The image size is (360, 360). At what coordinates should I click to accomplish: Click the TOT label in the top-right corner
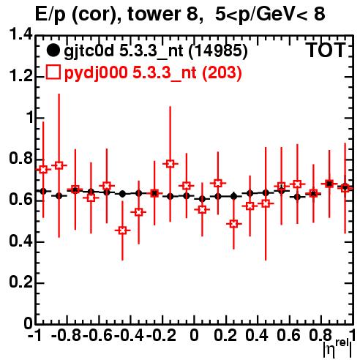coord(326,50)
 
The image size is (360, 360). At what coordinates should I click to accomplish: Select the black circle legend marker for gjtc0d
coord(53,50)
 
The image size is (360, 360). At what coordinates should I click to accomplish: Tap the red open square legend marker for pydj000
coord(53,72)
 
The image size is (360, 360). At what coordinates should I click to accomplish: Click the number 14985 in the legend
coord(218,50)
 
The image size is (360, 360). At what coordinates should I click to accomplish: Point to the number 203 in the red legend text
coord(222,72)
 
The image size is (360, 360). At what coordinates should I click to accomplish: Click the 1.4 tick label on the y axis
coord(20,34)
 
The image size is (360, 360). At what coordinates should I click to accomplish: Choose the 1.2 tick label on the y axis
coord(20,76)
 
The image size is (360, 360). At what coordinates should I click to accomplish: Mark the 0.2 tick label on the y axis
coord(20,282)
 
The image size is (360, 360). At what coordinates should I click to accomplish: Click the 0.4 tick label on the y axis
coord(20,241)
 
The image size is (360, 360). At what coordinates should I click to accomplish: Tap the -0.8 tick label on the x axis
coord(66,335)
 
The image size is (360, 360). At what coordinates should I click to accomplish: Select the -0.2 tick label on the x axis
coord(161,335)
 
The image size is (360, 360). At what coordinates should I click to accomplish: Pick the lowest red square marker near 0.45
coord(123,230)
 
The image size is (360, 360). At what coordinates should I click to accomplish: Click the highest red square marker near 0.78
coord(170,164)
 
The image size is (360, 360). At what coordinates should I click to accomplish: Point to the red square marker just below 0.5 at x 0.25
coord(233,224)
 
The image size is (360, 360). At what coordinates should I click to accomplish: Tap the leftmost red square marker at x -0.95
coord(43,170)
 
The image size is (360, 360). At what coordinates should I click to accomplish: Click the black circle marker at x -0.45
coord(123,194)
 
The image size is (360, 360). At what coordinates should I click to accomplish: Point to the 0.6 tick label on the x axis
coord(288,335)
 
